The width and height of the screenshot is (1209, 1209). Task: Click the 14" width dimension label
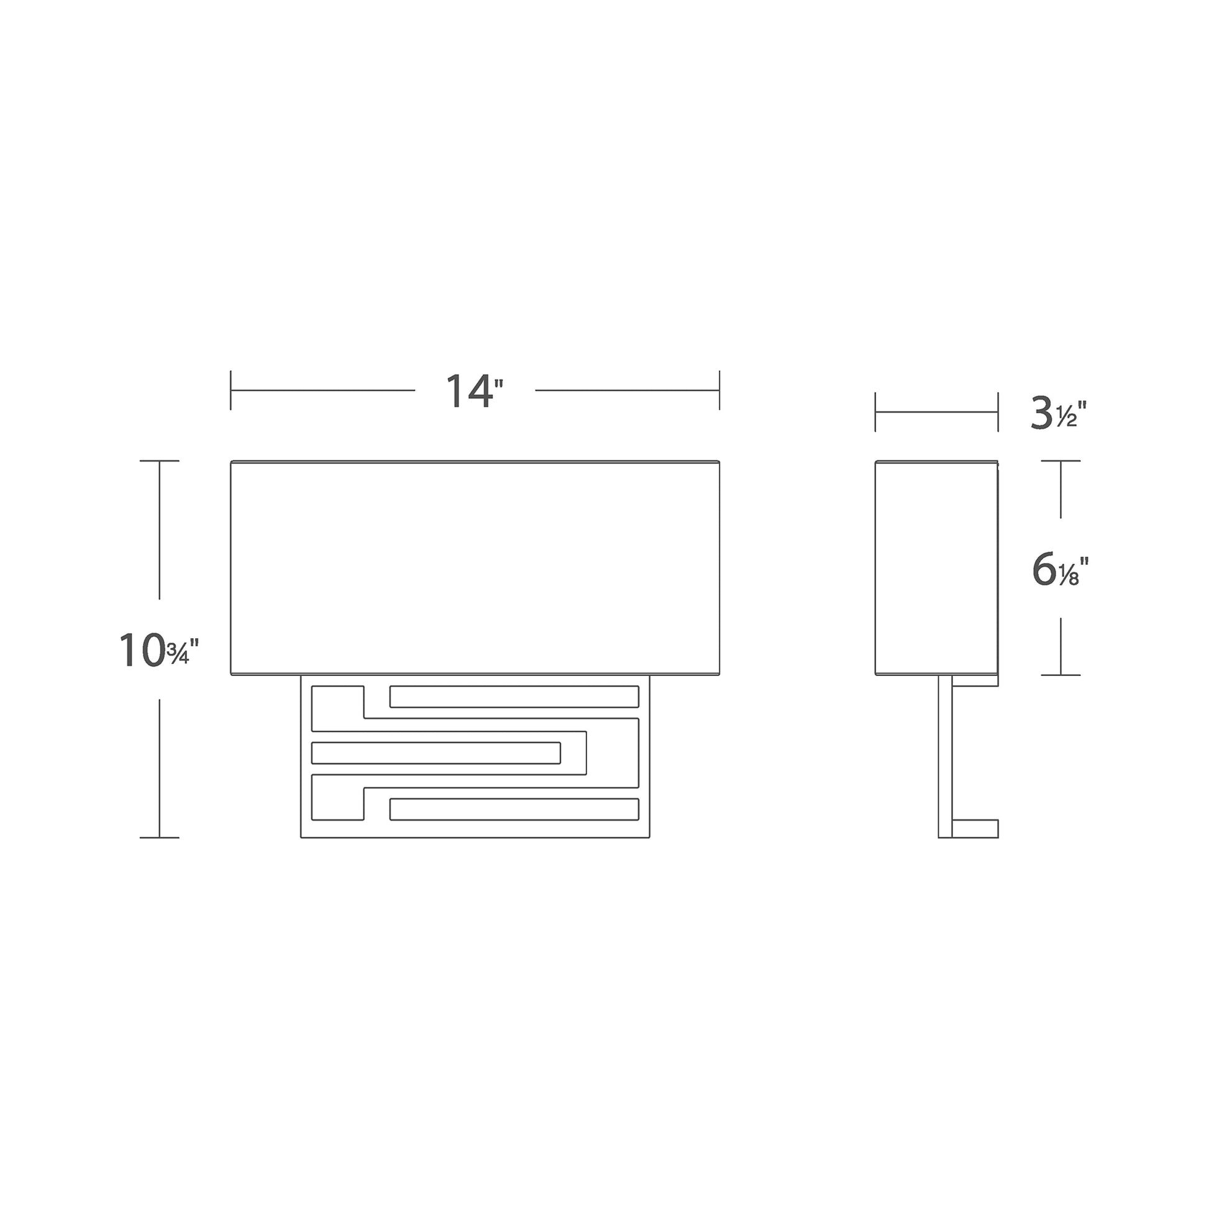click(473, 392)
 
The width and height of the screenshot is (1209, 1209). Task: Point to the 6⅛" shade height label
click(1060, 570)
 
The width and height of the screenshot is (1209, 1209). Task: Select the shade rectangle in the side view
click(936, 568)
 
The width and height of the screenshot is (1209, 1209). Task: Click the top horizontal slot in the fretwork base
click(514, 696)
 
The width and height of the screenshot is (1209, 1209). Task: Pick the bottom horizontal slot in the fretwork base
click(514, 809)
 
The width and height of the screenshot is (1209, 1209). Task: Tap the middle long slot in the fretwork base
click(436, 753)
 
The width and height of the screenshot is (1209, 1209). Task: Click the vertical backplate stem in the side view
click(945, 757)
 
